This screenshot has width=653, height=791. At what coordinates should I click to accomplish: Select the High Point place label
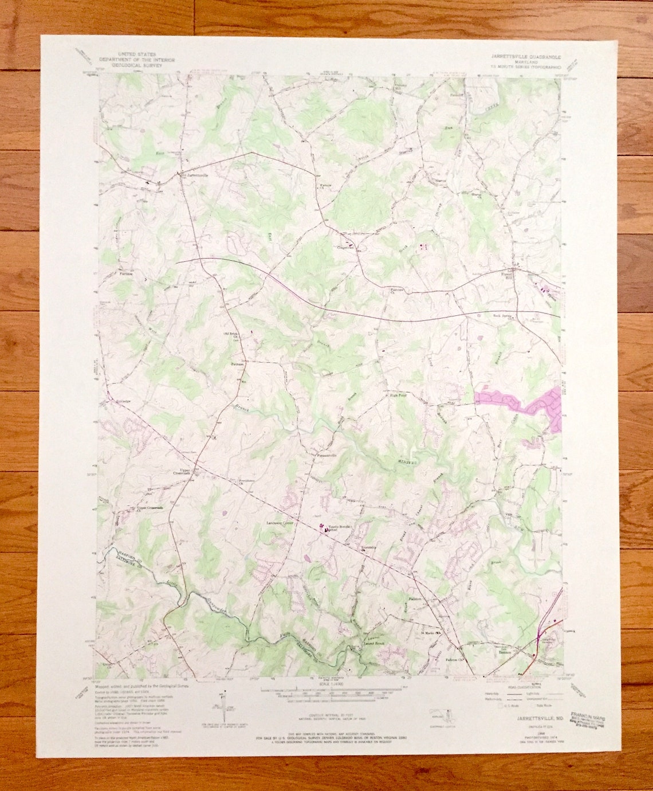pos(398,395)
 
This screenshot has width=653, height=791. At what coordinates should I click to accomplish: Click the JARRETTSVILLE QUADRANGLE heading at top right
pos(525,57)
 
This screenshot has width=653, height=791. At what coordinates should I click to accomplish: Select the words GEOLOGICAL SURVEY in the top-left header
pos(137,65)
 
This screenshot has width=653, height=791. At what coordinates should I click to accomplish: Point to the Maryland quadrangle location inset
pos(440,715)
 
